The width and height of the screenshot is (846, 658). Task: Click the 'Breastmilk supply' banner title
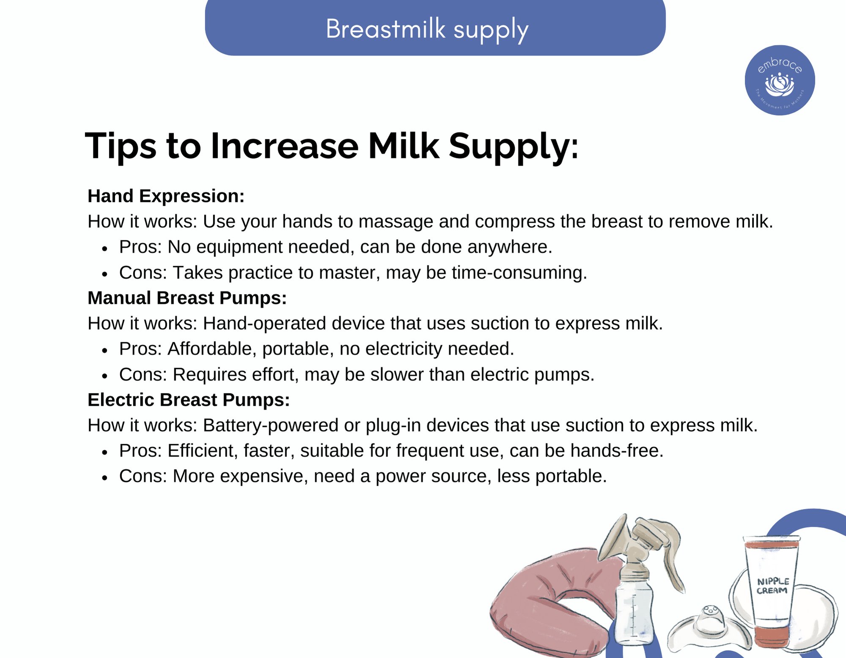427,30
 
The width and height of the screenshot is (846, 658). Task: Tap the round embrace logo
780,80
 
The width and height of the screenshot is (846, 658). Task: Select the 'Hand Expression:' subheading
166,196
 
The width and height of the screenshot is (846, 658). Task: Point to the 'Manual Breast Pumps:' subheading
187,298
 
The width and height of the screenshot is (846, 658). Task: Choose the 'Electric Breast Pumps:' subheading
189,400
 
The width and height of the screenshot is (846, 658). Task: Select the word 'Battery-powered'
270,426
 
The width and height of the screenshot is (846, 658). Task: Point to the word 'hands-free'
617,451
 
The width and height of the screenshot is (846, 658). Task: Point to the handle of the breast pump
664,550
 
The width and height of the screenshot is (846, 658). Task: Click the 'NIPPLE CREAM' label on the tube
773,586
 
